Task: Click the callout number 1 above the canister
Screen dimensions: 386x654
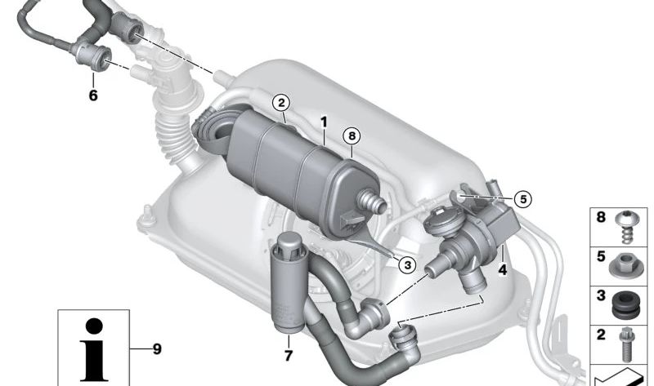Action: point(324,122)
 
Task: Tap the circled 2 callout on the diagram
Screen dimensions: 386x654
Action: point(281,103)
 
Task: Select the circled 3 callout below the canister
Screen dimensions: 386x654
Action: point(405,263)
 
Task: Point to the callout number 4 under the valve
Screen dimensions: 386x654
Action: point(502,268)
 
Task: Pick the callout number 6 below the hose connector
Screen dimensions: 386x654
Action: point(92,95)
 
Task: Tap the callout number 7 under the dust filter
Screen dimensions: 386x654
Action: point(287,357)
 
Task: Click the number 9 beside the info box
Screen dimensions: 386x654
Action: point(156,349)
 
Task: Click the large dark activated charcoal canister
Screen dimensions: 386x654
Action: point(286,167)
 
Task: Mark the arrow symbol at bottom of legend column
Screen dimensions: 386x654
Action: point(621,375)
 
